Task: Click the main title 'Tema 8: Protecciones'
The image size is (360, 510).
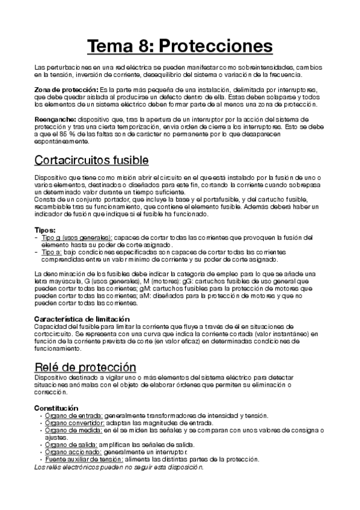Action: (x=180, y=46)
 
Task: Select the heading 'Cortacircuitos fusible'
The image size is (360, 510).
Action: (x=91, y=161)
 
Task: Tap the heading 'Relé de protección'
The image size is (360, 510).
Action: (x=85, y=367)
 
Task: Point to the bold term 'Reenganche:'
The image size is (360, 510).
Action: (x=55, y=119)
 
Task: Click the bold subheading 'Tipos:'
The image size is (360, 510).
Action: (x=46, y=230)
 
